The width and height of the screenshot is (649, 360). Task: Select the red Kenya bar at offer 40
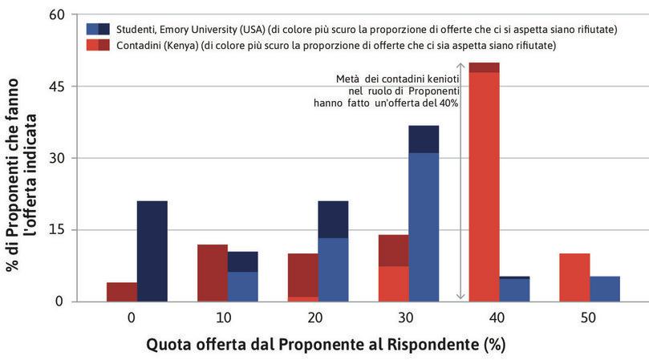(x=484, y=184)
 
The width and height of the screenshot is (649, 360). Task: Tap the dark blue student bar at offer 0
(x=152, y=251)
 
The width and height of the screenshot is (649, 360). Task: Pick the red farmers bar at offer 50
(x=574, y=277)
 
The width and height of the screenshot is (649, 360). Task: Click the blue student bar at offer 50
(x=604, y=289)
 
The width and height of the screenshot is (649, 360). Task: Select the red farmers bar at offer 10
(x=213, y=273)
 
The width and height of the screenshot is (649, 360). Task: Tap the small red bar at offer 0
(x=122, y=292)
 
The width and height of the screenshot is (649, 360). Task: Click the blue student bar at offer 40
(x=514, y=289)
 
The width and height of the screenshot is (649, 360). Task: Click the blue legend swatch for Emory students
(x=98, y=29)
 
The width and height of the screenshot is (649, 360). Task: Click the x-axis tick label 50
(x=589, y=318)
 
